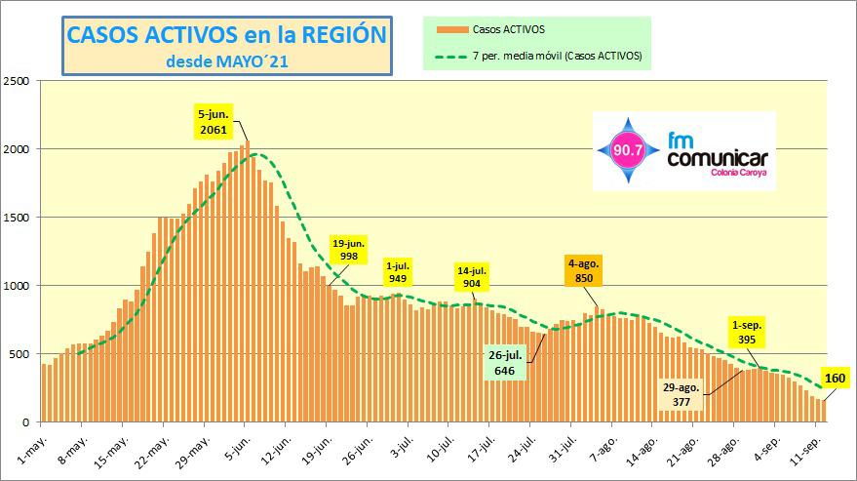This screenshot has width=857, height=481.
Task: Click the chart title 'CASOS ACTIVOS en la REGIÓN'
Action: click(x=226, y=35)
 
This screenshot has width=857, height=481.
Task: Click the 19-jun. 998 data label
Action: click(x=349, y=250)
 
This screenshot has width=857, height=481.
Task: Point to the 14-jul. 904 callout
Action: click(x=473, y=276)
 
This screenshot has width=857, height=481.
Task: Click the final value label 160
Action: click(x=834, y=379)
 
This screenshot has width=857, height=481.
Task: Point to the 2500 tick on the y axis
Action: click(x=18, y=81)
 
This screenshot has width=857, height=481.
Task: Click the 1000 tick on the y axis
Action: click(x=18, y=286)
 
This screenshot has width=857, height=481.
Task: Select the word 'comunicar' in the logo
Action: click(x=718, y=158)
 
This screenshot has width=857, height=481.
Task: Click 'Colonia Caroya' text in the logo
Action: click(x=738, y=173)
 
